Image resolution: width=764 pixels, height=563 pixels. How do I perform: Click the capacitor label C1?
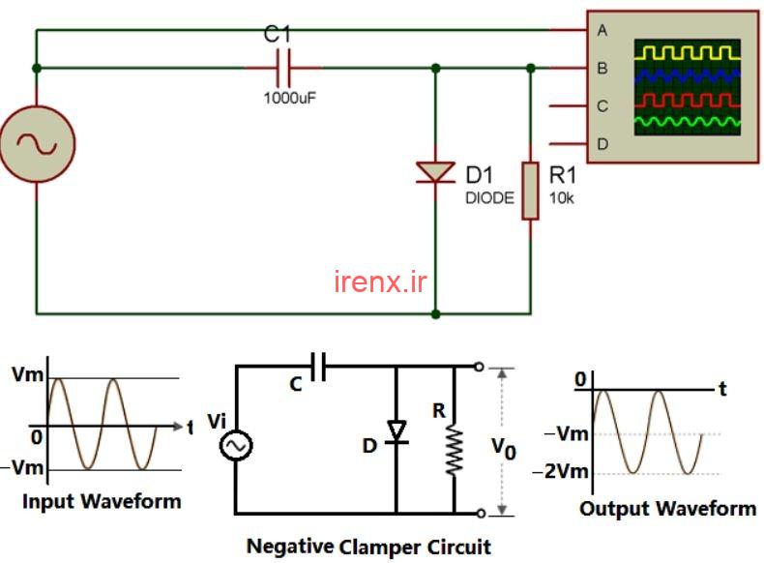pyautogui.click(x=278, y=35)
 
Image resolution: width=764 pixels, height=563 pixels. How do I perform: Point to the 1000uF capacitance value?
pyautogui.click(x=290, y=97)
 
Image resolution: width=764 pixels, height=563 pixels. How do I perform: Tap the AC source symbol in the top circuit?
pyautogui.click(x=37, y=143)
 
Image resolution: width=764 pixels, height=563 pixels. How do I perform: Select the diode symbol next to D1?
pyautogui.click(x=435, y=171)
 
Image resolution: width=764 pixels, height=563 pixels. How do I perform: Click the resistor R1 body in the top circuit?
pyautogui.click(x=530, y=191)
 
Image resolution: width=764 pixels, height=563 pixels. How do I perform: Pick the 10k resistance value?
pyautogui.click(x=562, y=198)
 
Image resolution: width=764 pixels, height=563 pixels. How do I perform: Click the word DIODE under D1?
pyautogui.click(x=489, y=198)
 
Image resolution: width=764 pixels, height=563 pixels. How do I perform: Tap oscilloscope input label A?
pyautogui.click(x=602, y=30)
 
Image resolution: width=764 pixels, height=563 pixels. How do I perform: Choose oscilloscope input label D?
pyautogui.click(x=602, y=144)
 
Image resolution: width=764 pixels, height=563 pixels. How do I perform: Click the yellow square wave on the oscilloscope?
pyautogui.click(x=687, y=51)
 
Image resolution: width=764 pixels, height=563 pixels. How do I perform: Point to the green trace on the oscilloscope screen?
pyautogui.click(x=687, y=122)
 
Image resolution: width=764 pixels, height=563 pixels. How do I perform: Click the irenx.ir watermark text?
pyautogui.click(x=380, y=281)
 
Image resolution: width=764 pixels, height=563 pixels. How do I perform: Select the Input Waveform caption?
pyautogui.click(x=102, y=501)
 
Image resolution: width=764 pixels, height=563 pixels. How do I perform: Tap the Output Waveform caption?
pyautogui.click(x=668, y=508)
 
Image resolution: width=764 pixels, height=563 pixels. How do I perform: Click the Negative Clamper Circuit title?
pyautogui.click(x=368, y=546)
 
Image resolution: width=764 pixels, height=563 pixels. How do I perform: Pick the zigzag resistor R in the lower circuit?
pyautogui.click(x=455, y=451)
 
